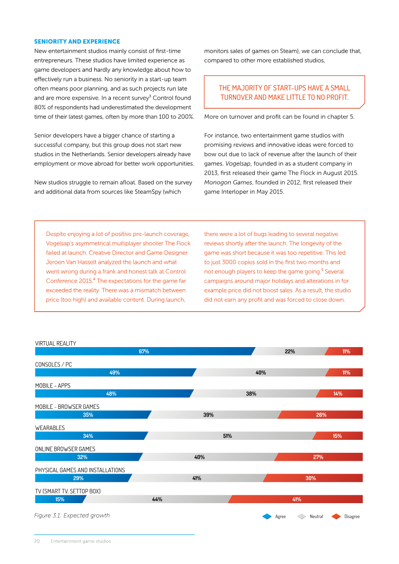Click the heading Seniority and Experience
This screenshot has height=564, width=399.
click(x=77, y=41)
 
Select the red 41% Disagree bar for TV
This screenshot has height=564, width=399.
click(x=295, y=499)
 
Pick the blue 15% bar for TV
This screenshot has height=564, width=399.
click(x=60, y=499)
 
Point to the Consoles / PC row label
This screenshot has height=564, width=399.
click(x=53, y=365)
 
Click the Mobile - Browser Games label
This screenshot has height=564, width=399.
click(x=67, y=407)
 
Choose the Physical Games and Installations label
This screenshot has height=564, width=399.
click(x=80, y=470)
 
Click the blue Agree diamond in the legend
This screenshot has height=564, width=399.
click(x=267, y=517)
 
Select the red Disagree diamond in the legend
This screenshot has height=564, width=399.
click(x=336, y=517)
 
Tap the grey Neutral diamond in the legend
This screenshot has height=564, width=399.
click(x=302, y=517)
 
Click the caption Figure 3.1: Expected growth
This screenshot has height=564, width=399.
click(x=72, y=516)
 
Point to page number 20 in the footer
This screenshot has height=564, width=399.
click(x=37, y=541)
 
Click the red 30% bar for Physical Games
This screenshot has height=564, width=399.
click(x=313, y=478)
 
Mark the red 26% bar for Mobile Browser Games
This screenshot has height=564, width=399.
click(x=320, y=415)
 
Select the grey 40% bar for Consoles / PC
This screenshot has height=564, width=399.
click(x=261, y=373)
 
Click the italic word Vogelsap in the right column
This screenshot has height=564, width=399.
click(x=238, y=164)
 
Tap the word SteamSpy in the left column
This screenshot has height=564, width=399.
click(x=148, y=191)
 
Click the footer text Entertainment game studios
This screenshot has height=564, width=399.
click(x=81, y=541)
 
